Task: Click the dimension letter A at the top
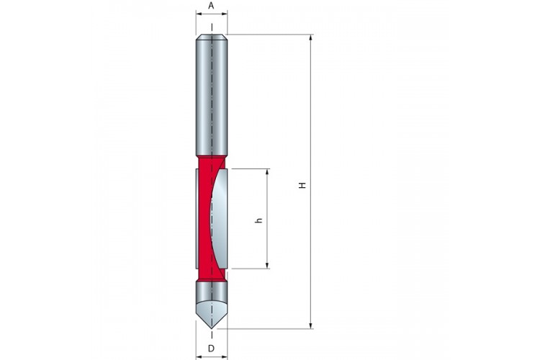(x=211, y=6)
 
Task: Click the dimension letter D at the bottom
(x=211, y=348)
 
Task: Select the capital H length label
(x=302, y=185)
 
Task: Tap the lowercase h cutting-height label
(x=259, y=220)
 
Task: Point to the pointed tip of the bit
(x=212, y=328)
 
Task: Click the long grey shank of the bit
(x=212, y=96)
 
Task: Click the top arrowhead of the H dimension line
(x=311, y=37)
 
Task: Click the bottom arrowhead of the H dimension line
(x=311, y=325)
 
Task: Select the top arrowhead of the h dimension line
(x=267, y=171)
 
